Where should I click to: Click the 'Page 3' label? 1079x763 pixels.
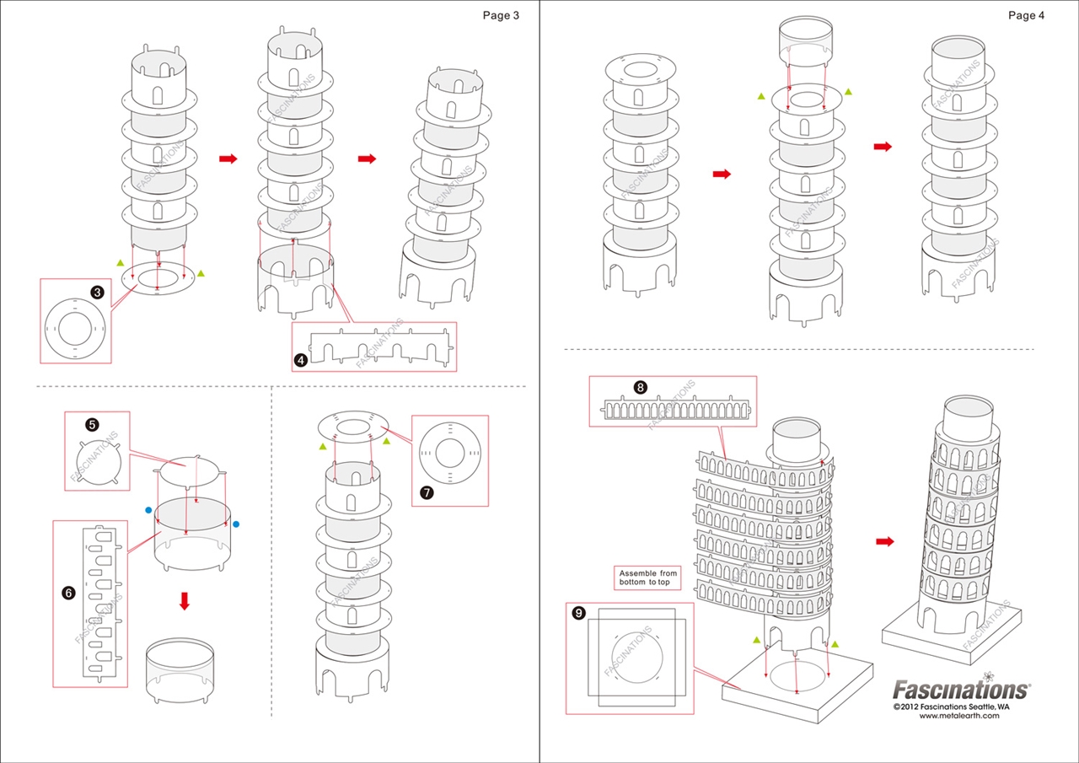pyautogui.click(x=501, y=15)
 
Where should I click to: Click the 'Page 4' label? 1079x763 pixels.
pyautogui.click(x=1026, y=15)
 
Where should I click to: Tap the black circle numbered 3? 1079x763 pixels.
pyautogui.click(x=98, y=293)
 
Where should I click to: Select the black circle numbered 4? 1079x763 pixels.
pyautogui.click(x=300, y=360)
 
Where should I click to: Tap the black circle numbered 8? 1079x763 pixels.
pyautogui.click(x=641, y=388)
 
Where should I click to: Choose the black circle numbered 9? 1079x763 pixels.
pyautogui.click(x=578, y=613)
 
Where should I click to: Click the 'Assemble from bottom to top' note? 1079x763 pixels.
pyautogui.click(x=648, y=578)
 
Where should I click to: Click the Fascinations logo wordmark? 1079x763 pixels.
pyautogui.click(x=960, y=690)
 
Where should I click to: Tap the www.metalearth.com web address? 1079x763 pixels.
pyautogui.click(x=959, y=716)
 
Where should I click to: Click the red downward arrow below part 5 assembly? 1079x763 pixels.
pyautogui.click(x=185, y=600)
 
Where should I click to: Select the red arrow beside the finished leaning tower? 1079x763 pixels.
pyautogui.click(x=884, y=541)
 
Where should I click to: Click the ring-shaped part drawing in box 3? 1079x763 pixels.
pyautogui.click(x=75, y=329)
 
